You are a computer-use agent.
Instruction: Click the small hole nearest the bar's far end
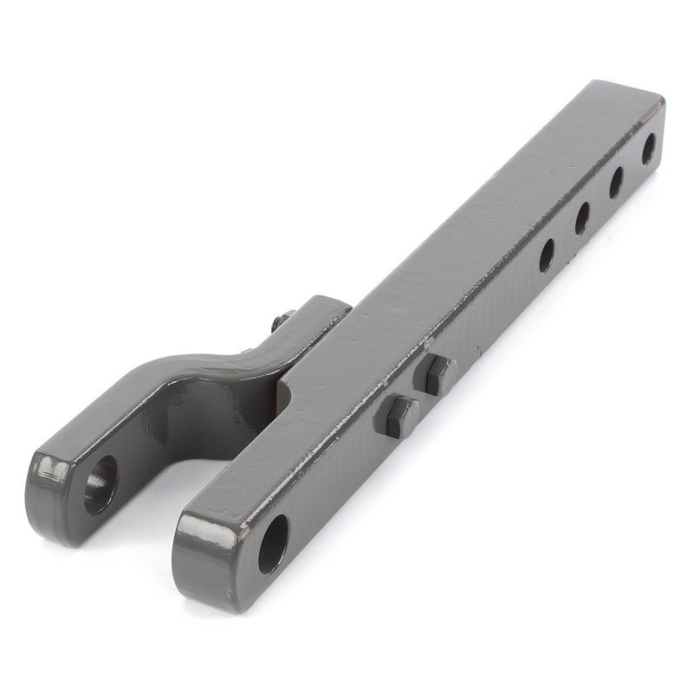(648, 149)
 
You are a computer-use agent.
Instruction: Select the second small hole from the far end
(617, 182)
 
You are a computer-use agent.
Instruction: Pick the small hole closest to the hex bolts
(547, 255)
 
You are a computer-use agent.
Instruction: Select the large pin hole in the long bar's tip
(273, 543)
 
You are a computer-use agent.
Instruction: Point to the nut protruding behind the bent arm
(283, 321)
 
